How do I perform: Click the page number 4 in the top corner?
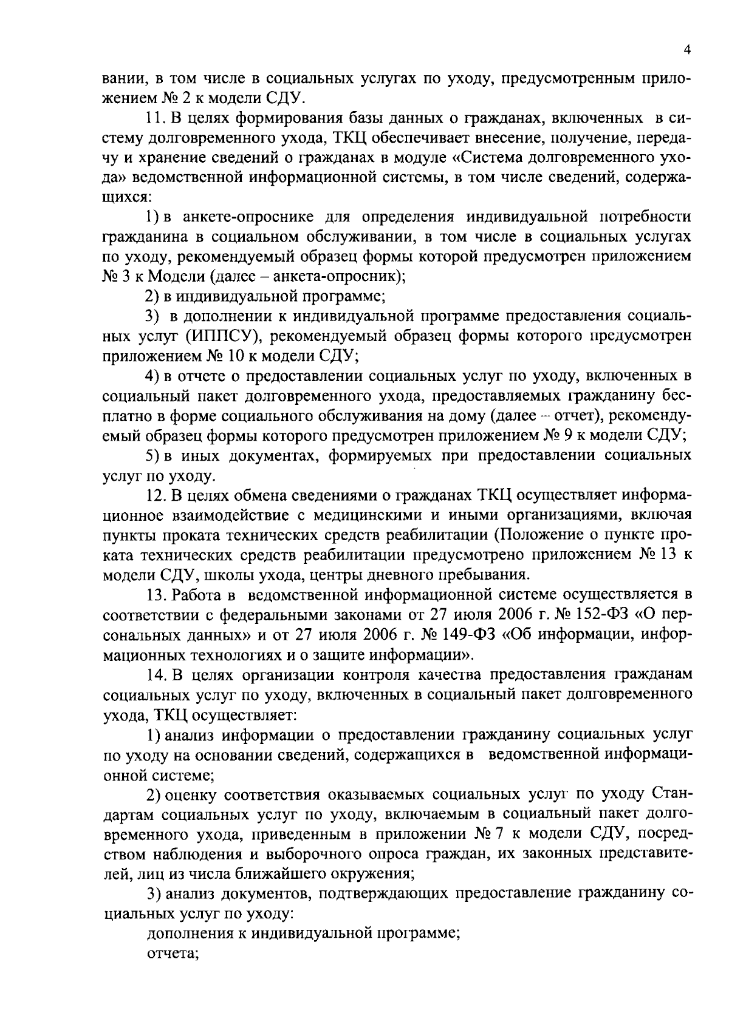(686, 51)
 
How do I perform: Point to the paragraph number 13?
(155, 593)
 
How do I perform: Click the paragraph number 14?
(155, 674)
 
